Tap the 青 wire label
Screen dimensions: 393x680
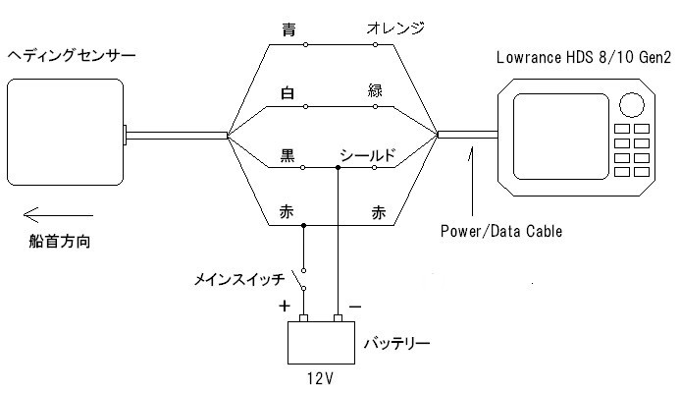click(x=287, y=29)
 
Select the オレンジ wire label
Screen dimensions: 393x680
click(x=394, y=29)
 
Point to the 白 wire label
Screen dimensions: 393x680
click(x=287, y=94)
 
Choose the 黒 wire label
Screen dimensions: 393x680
click(x=287, y=154)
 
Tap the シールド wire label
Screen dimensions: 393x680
click(x=369, y=154)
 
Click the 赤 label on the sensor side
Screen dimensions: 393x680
click(x=287, y=212)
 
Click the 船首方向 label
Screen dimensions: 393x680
click(x=61, y=242)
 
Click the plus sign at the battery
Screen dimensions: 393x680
click(x=285, y=306)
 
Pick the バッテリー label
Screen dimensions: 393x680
click(x=397, y=344)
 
